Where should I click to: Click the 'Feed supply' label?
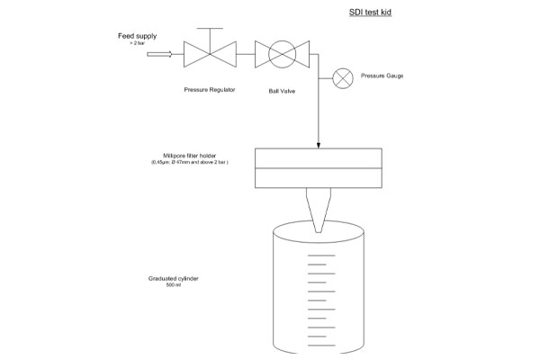pyautogui.click(x=137, y=36)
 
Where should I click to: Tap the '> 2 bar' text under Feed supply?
pyautogui.click(x=137, y=43)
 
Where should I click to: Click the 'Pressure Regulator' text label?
pyautogui.click(x=210, y=89)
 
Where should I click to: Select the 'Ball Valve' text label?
pyautogui.click(x=283, y=91)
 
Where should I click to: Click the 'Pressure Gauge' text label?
pyautogui.click(x=382, y=76)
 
